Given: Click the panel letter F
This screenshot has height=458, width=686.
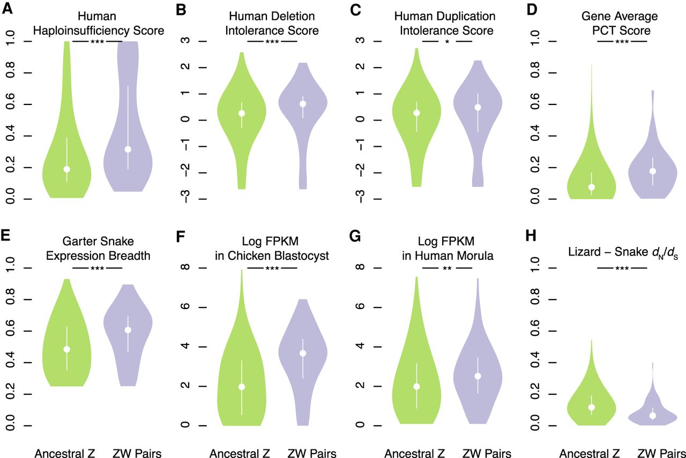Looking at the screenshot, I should click(181, 236).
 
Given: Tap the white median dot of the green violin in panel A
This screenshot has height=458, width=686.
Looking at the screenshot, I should click(67, 169).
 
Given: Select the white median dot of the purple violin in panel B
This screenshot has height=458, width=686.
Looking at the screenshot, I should click(303, 104).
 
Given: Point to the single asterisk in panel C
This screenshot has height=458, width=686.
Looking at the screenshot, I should click(447, 41).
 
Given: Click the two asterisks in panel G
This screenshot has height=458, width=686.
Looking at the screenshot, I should click(447, 268).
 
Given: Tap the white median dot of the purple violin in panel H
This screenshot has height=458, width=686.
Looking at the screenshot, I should click(653, 416).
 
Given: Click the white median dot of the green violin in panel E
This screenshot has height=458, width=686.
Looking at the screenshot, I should click(67, 349).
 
